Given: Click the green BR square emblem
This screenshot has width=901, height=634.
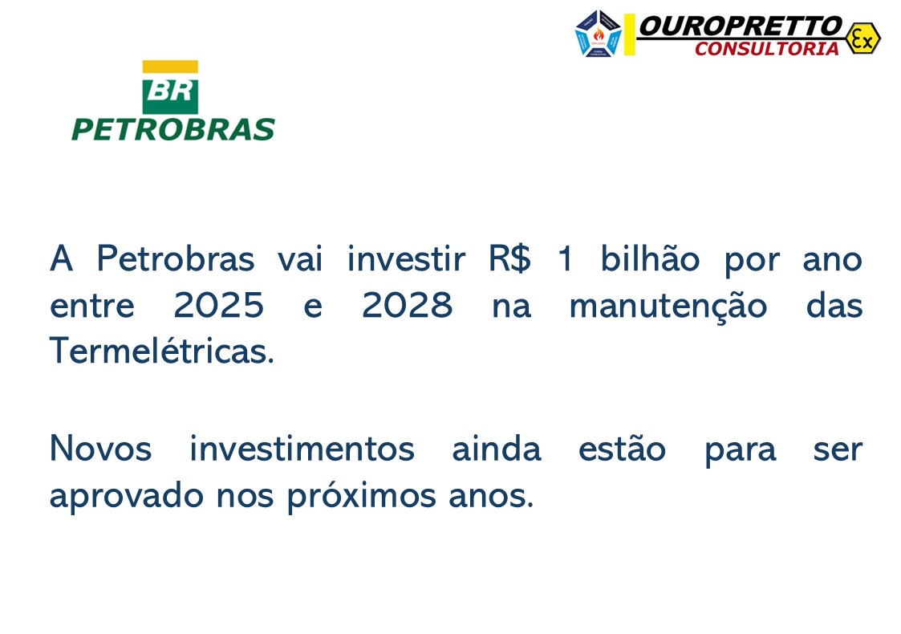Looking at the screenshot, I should tap(170, 94).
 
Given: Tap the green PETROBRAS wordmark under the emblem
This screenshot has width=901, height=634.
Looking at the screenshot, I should tap(173, 129).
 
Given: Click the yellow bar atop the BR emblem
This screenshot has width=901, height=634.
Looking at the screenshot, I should tap(170, 67).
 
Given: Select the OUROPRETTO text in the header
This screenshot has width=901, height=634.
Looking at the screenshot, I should tap(740, 26).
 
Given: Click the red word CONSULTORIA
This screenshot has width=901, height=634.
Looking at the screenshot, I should tap(766, 49).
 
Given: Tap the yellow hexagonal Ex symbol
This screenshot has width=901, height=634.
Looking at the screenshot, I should tap(862, 38).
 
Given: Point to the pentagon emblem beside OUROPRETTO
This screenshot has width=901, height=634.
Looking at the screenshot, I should tap(599, 34).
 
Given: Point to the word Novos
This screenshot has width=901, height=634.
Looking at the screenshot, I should tap(100, 449).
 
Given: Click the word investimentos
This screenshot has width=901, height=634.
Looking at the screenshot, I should tap(302, 449).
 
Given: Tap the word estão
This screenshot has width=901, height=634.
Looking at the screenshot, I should tap(622, 449).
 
